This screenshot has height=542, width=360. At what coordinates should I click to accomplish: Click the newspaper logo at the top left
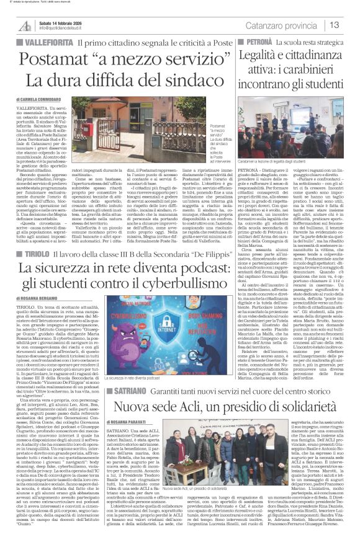click(x=25, y=25)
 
